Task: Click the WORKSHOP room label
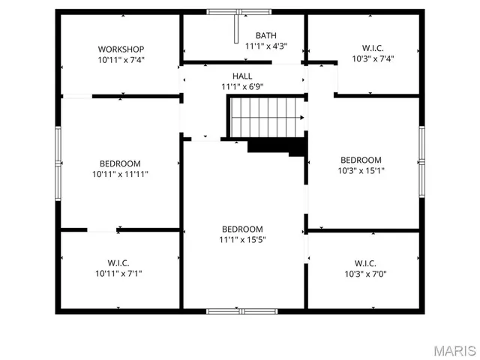point(120,49)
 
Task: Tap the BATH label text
point(265,35)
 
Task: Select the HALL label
point(242,76)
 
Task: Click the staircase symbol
point(266,118)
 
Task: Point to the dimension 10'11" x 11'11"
point(120,174)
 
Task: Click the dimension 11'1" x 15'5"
point(242,240)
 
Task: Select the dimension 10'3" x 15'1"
point(361,170)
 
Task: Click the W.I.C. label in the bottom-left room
point(118,263)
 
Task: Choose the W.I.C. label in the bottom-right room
point(365,263)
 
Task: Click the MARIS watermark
point(454,350)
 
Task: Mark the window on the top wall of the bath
point(239,12)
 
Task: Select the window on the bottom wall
point(241,310)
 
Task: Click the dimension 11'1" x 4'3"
point(265,46)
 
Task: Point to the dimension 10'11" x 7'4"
point(120,59)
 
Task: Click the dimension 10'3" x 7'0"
point(365,274)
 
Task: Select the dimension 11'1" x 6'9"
point(242,87)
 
